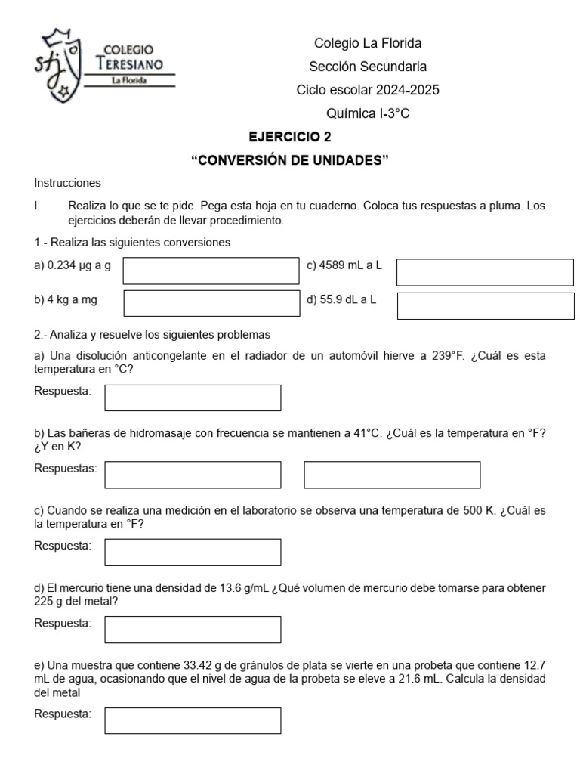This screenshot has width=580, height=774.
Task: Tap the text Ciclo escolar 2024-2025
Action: click(x=368, y=91)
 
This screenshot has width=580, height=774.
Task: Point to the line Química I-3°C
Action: click(x=368, y=114)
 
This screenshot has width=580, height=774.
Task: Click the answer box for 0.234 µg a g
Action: click(x=211, y=271)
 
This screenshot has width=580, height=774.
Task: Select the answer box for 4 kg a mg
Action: click(x=211, y=302)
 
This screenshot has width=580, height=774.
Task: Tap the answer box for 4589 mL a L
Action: click(x=485, y=272)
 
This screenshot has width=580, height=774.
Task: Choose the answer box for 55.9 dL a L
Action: click(x=485, y=307)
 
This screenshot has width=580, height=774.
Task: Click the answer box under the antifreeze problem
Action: click(x=193, y=398)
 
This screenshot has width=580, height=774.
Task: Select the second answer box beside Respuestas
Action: click(x=392, y=475)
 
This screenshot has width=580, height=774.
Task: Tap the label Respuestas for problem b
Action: click(x=66, y=469)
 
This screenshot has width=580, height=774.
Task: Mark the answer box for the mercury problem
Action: click(x=193, y=629)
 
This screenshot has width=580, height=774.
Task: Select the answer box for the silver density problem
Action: click(x=193, y=720)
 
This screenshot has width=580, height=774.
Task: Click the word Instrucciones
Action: click(x=67, y=183)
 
